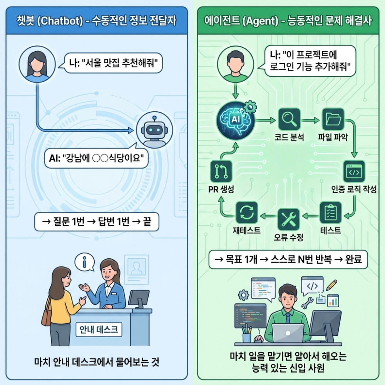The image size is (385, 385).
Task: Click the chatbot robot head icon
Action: pyautogui.click(x=154, y=130)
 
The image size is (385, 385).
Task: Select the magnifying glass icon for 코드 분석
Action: pyautogui.click(x=289, y=119)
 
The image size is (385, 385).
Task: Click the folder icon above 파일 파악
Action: pyautogui.click(x=332, y=119)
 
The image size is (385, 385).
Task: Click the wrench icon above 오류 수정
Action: pyautogui.click(x=288, y=218)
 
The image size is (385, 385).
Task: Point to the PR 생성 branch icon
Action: pyautogui.click(x=221, y=172)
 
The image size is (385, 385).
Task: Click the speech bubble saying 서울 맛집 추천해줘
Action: pyautogui.click(x=110, y=64)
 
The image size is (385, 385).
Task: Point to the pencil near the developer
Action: pyautogui.click(x=331, y=285)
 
